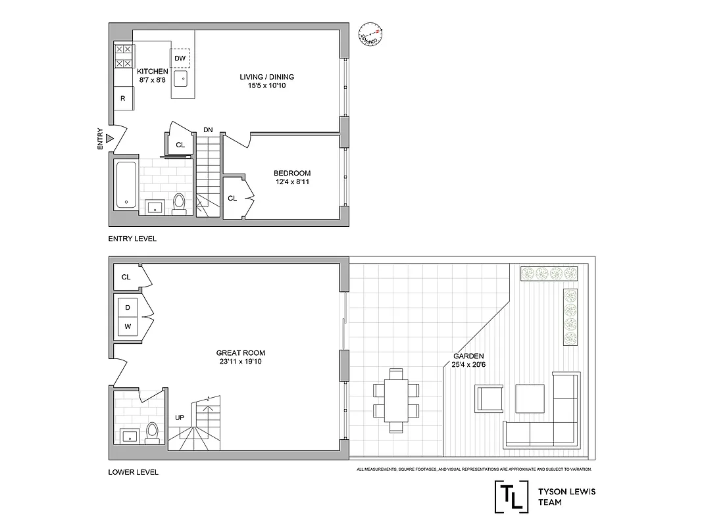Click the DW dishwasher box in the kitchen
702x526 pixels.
point(181,59)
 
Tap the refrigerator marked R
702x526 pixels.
point(122,99)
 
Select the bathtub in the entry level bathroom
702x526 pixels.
point(126,184)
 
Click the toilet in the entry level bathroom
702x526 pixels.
point(178,203)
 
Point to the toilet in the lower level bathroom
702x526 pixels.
point(152,433)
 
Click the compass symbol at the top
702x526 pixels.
point(370,35)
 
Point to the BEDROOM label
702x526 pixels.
point(292,174)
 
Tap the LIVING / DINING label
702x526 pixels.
point(266,77)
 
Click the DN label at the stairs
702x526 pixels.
point(208,130)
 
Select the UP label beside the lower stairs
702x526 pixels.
point(180,418)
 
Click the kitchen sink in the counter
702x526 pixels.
point(182,80)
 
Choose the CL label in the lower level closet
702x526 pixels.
point(126,277)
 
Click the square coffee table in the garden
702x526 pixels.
point(530,397)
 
